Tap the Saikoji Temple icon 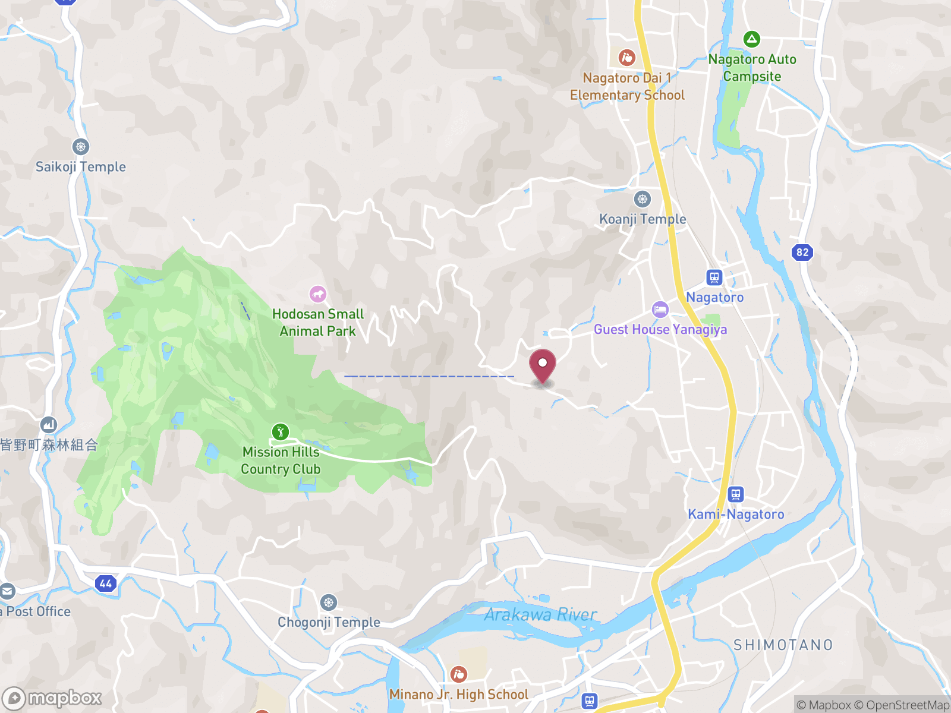click(x=81, y=146)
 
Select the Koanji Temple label click(x=643, y=219)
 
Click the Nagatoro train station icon click(x=714, y=277)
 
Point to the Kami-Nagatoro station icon click(x=735, y=494)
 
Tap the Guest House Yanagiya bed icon click(x=660, y=309)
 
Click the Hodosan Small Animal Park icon click(x=317, y=294)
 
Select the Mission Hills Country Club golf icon click(x=280, y=431)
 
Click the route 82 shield click(x=802, y=252)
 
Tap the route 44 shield click(x=105, y=583)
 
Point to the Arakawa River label click(x=540, y=614)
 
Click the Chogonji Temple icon click(x=328, y=602)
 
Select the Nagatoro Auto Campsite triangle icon click(x=751, y=39)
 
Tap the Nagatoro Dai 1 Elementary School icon click(x=626, y=58)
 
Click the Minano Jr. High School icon click(x=458, y=674)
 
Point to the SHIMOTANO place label click(x=783, y=645)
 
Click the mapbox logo click(x=52, y=698)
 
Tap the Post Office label click(x=38, y=611)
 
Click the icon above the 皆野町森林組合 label click(x=49, y=424)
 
